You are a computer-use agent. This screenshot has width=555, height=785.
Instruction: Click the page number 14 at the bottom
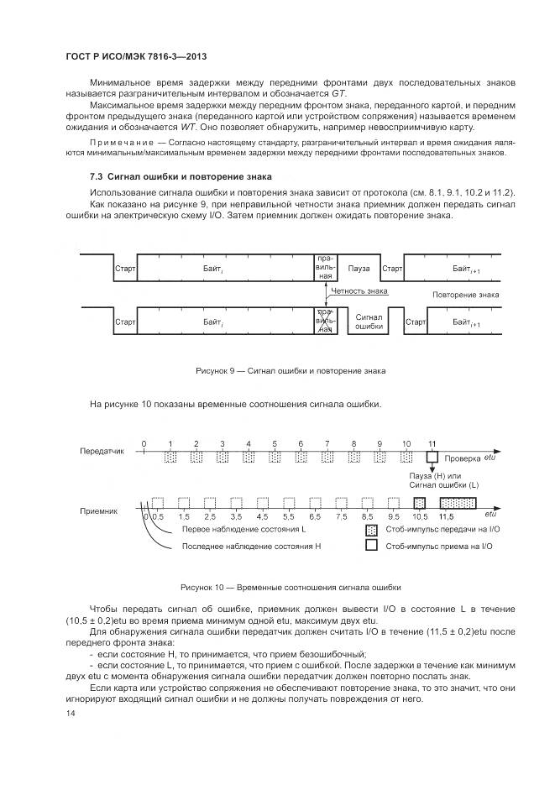coord(70,714)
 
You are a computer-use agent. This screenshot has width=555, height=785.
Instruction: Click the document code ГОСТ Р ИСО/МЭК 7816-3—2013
coord(136,55)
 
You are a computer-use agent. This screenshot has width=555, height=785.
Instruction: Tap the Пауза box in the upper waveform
coord(359,269)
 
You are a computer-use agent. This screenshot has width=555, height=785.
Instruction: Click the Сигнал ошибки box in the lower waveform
coord(369,322)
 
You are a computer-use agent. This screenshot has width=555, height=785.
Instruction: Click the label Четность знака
coord(359,291)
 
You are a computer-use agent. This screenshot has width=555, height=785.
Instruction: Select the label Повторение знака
coord(465,295)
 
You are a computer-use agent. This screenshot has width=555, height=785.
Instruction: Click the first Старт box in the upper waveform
coord(124,269)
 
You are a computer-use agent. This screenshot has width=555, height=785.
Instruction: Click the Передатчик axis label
coord(102,450)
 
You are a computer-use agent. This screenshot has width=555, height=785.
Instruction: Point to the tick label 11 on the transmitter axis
coord(432,442)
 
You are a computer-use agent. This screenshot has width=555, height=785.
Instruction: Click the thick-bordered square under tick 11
coord(432,458)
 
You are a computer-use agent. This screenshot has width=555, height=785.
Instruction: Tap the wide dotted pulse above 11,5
coord(458,503)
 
